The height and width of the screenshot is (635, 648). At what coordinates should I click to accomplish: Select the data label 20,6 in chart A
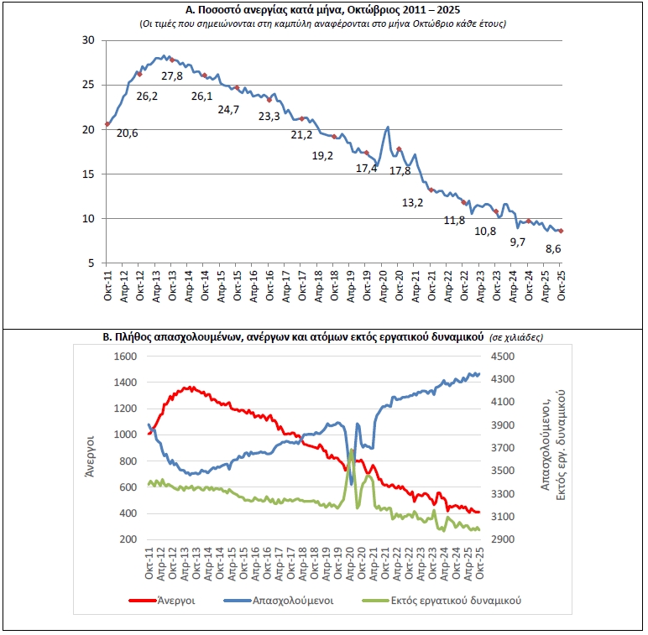tap(127, 133)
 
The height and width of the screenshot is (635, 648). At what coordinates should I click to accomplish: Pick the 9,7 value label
tap(519, 242)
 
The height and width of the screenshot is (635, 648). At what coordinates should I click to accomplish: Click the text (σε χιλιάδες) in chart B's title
tap(516, 336)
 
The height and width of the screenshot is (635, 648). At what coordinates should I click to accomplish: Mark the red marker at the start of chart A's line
tap(107, 124)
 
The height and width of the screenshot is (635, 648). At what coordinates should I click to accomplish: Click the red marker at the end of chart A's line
tap(561, 231)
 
